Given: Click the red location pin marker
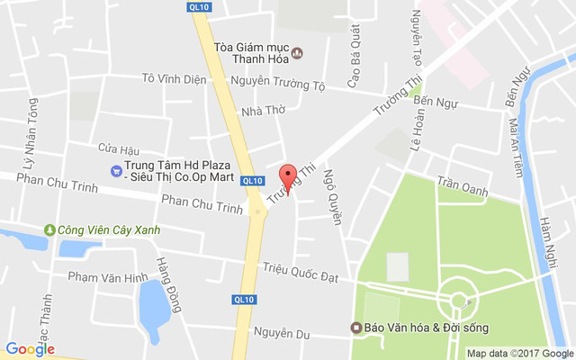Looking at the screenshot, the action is (288, 175).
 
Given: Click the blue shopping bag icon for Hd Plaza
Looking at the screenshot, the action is (116, 171).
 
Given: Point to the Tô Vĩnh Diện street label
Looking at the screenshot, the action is (175, 77).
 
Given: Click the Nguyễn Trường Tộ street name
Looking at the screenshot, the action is (277, 84).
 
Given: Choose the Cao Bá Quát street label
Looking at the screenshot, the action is (355, 48).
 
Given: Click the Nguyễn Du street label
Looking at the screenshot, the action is (281, 335).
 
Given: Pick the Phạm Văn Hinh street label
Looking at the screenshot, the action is (106, 277).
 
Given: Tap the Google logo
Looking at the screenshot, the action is (30, 348).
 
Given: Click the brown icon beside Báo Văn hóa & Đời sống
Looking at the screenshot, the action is (356, 326).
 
